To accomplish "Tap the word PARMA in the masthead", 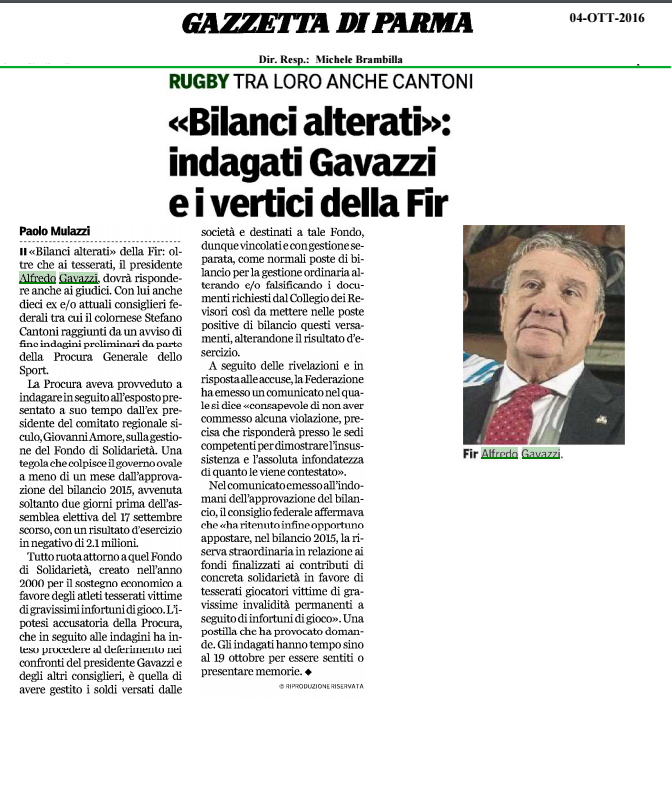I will click(x=421, y=22).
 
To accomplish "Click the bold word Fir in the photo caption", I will click(x=470, y=454).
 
